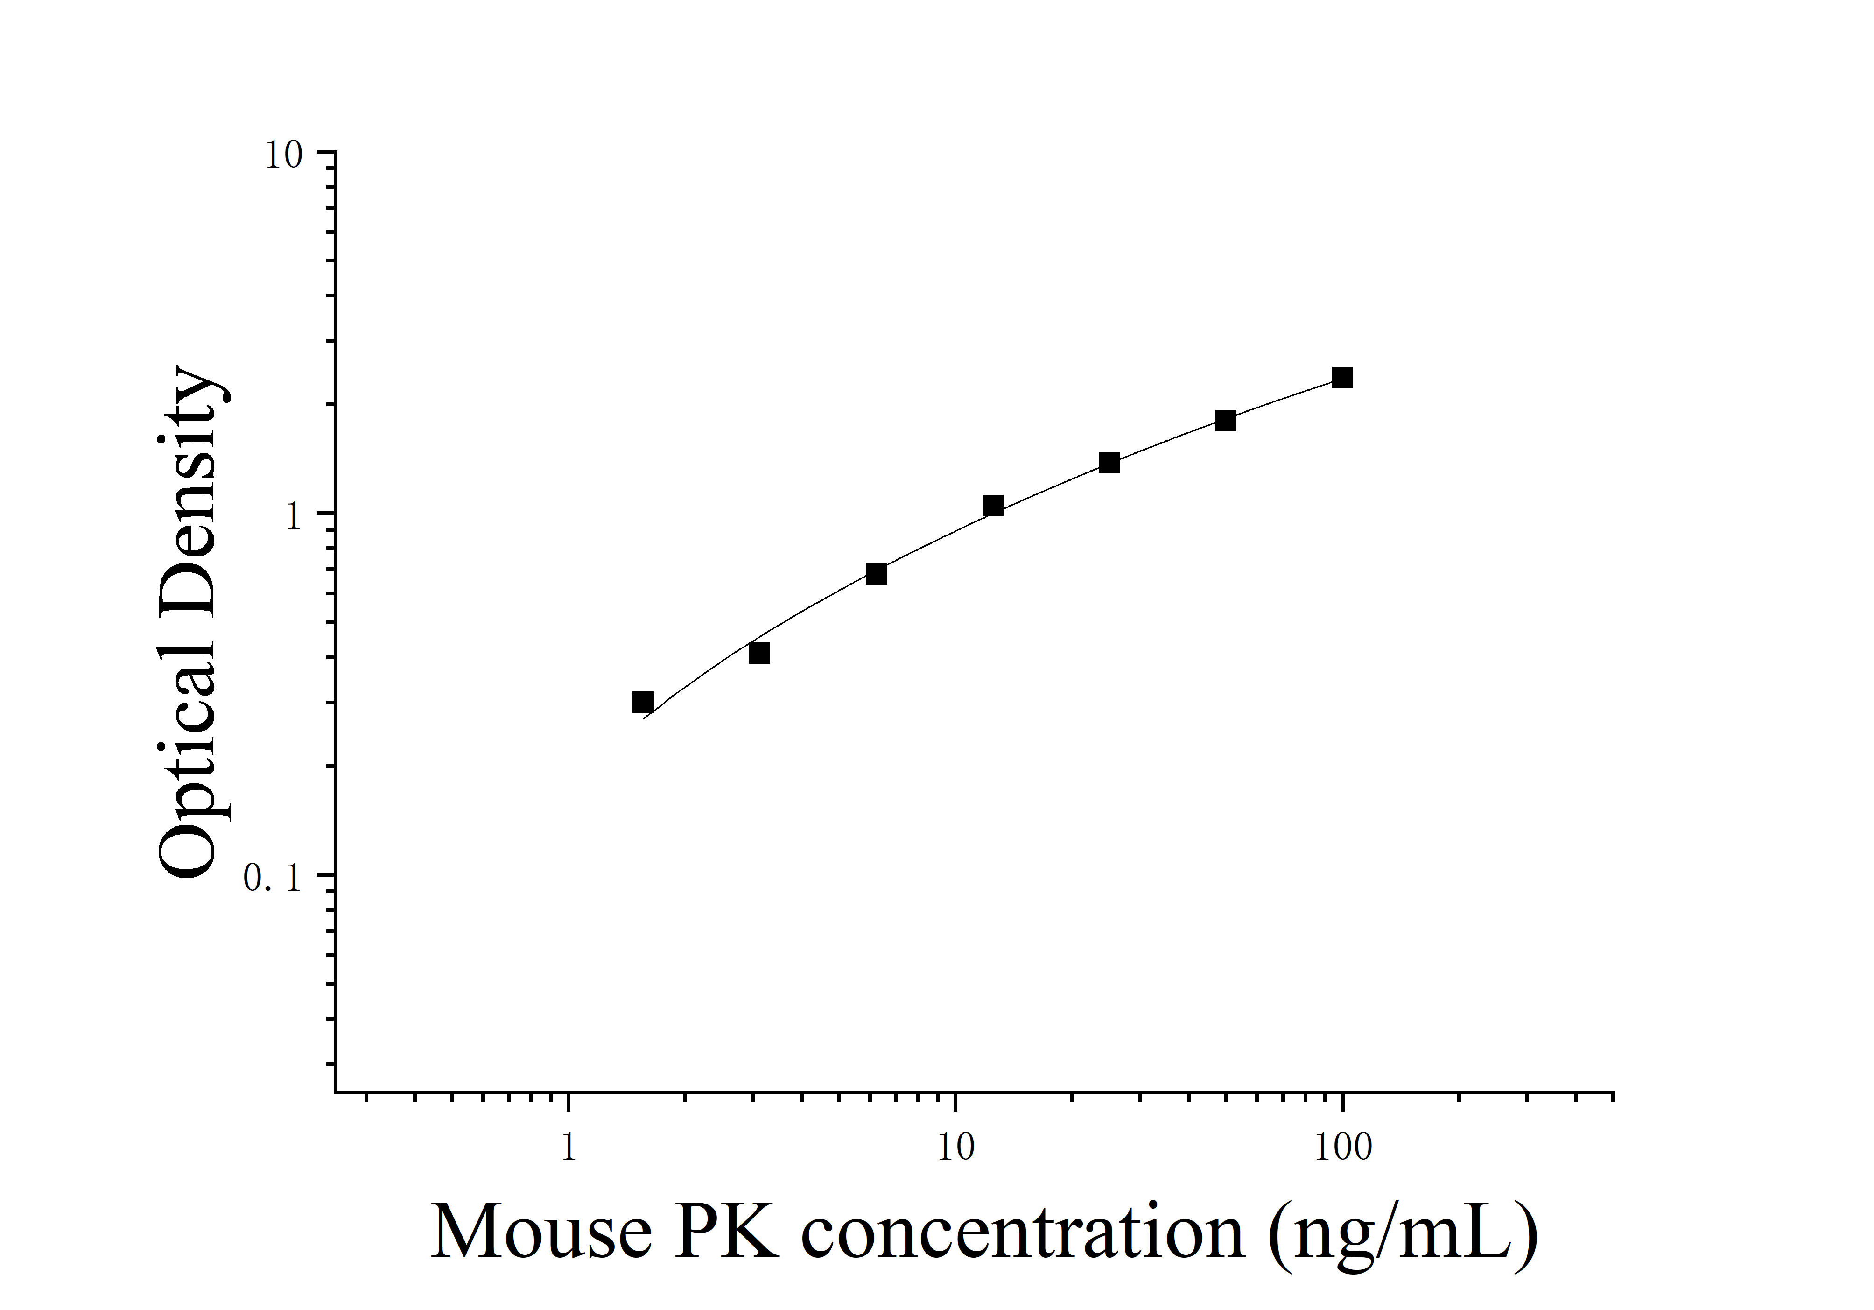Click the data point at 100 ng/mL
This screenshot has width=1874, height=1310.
click(1342, 378)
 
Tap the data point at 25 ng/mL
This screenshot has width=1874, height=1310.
click(1109, 463)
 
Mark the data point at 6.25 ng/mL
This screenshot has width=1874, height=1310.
click(876, 574)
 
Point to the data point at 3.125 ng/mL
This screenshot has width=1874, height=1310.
click(759, 653)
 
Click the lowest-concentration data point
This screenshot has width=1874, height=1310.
click(643, 702)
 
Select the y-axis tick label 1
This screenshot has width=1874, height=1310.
click(294, 517)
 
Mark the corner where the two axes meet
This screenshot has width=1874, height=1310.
click(336, 1091)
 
